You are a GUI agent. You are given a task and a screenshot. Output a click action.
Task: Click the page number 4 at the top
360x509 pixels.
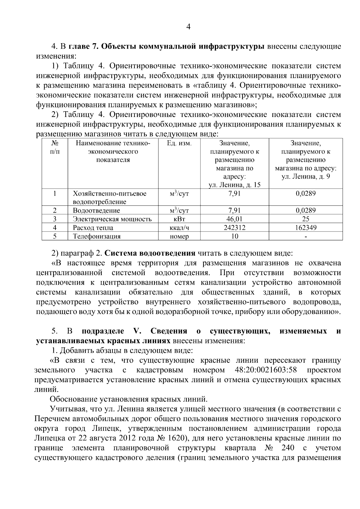tap(188, 27)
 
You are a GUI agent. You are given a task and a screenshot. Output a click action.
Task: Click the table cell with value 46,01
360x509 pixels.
tap(235, 219)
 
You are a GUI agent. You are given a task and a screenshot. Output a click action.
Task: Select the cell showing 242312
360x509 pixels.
tap(235, 228)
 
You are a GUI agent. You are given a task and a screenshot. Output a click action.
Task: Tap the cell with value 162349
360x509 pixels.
tap(306, 228)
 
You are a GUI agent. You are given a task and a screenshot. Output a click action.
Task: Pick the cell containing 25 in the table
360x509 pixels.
tap(306, 219)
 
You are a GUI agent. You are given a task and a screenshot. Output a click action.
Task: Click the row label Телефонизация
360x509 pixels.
tap(97, 236)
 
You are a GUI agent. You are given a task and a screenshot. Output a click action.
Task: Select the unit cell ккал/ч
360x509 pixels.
tap(179, 228)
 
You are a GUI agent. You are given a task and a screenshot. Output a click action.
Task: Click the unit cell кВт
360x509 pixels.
tap(179, 219)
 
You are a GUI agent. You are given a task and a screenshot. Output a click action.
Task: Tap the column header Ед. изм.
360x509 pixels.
tap(179, 143)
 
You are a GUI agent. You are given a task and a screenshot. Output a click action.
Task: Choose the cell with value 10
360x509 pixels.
tap(235, 236)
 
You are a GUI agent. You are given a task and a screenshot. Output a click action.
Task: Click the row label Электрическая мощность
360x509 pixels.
tap(112, 219)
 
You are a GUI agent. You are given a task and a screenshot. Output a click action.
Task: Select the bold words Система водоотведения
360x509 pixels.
tap(150, 253)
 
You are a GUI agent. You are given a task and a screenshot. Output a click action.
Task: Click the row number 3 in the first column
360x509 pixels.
tap(55, 219)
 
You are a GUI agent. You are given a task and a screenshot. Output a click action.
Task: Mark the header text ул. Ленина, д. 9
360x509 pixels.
tap(306, 176)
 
